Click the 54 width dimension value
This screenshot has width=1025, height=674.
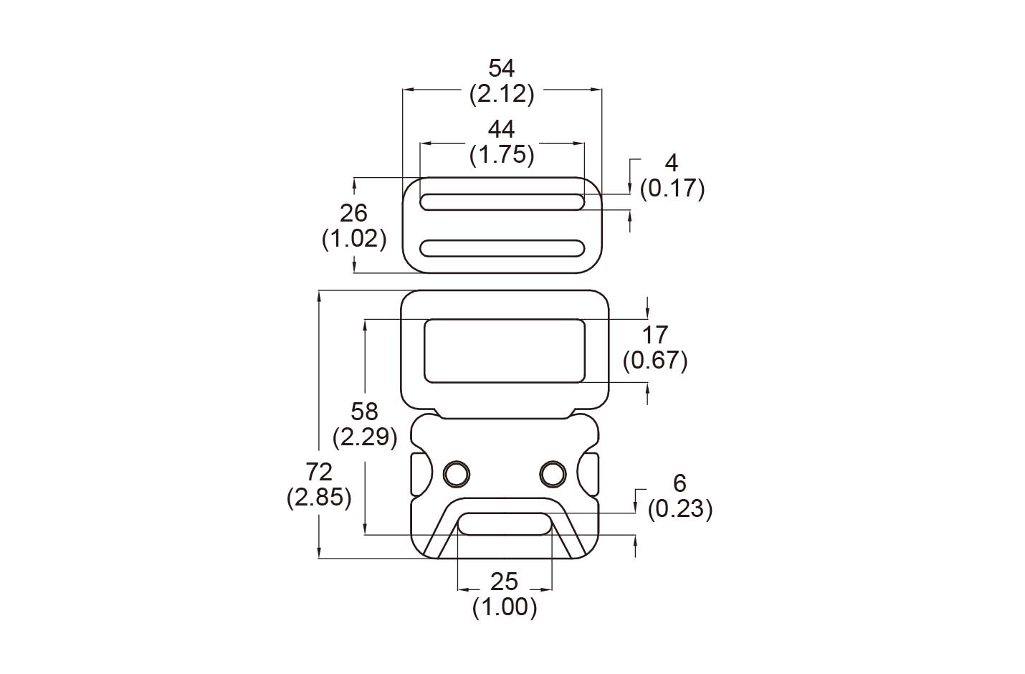[x=502, y=69]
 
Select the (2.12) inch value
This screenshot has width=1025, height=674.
[x=502, y=94]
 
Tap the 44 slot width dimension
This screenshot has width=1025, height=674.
[x=502, y=129]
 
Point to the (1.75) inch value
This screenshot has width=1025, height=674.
[x=502, y=154]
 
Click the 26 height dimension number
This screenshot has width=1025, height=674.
[x=354, y=213]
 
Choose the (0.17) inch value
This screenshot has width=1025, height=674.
[x=672, y=188]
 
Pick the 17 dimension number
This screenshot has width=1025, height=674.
[x=655, y=334]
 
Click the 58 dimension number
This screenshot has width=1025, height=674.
[x=365, y=412]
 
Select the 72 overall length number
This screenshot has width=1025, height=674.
[x=319, y=472]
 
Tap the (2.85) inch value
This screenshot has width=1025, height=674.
[x=319, y=497]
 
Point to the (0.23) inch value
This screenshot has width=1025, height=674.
[x=680, y=509]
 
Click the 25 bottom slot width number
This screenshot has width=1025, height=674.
[x=505, y=582]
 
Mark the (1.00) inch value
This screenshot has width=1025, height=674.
[x=505, y=607]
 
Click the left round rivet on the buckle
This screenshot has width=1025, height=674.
[x=455, y=473]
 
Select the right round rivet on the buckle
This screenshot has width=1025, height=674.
[x=552, y=473]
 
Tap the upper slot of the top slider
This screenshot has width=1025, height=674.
[x=502, y=201]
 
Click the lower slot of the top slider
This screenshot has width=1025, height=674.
[x=502, y=248]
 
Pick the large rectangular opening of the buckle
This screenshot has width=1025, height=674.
[x=505, y=351]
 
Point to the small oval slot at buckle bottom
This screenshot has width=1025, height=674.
[x=505, y=523]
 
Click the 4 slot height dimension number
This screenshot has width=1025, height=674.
[x=672, y=163]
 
